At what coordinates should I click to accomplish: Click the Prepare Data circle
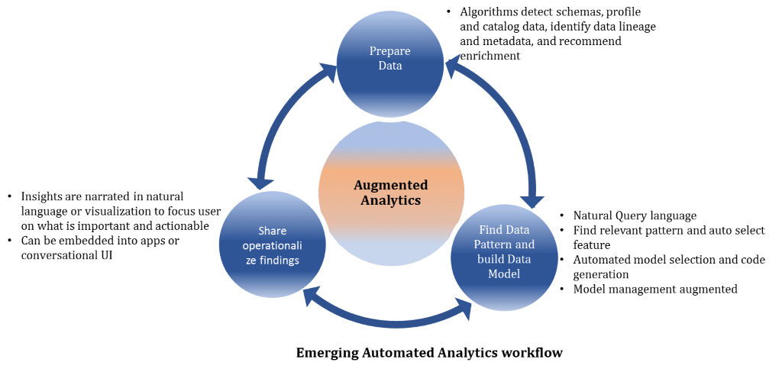389,59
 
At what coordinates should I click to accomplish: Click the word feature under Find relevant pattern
591,244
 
